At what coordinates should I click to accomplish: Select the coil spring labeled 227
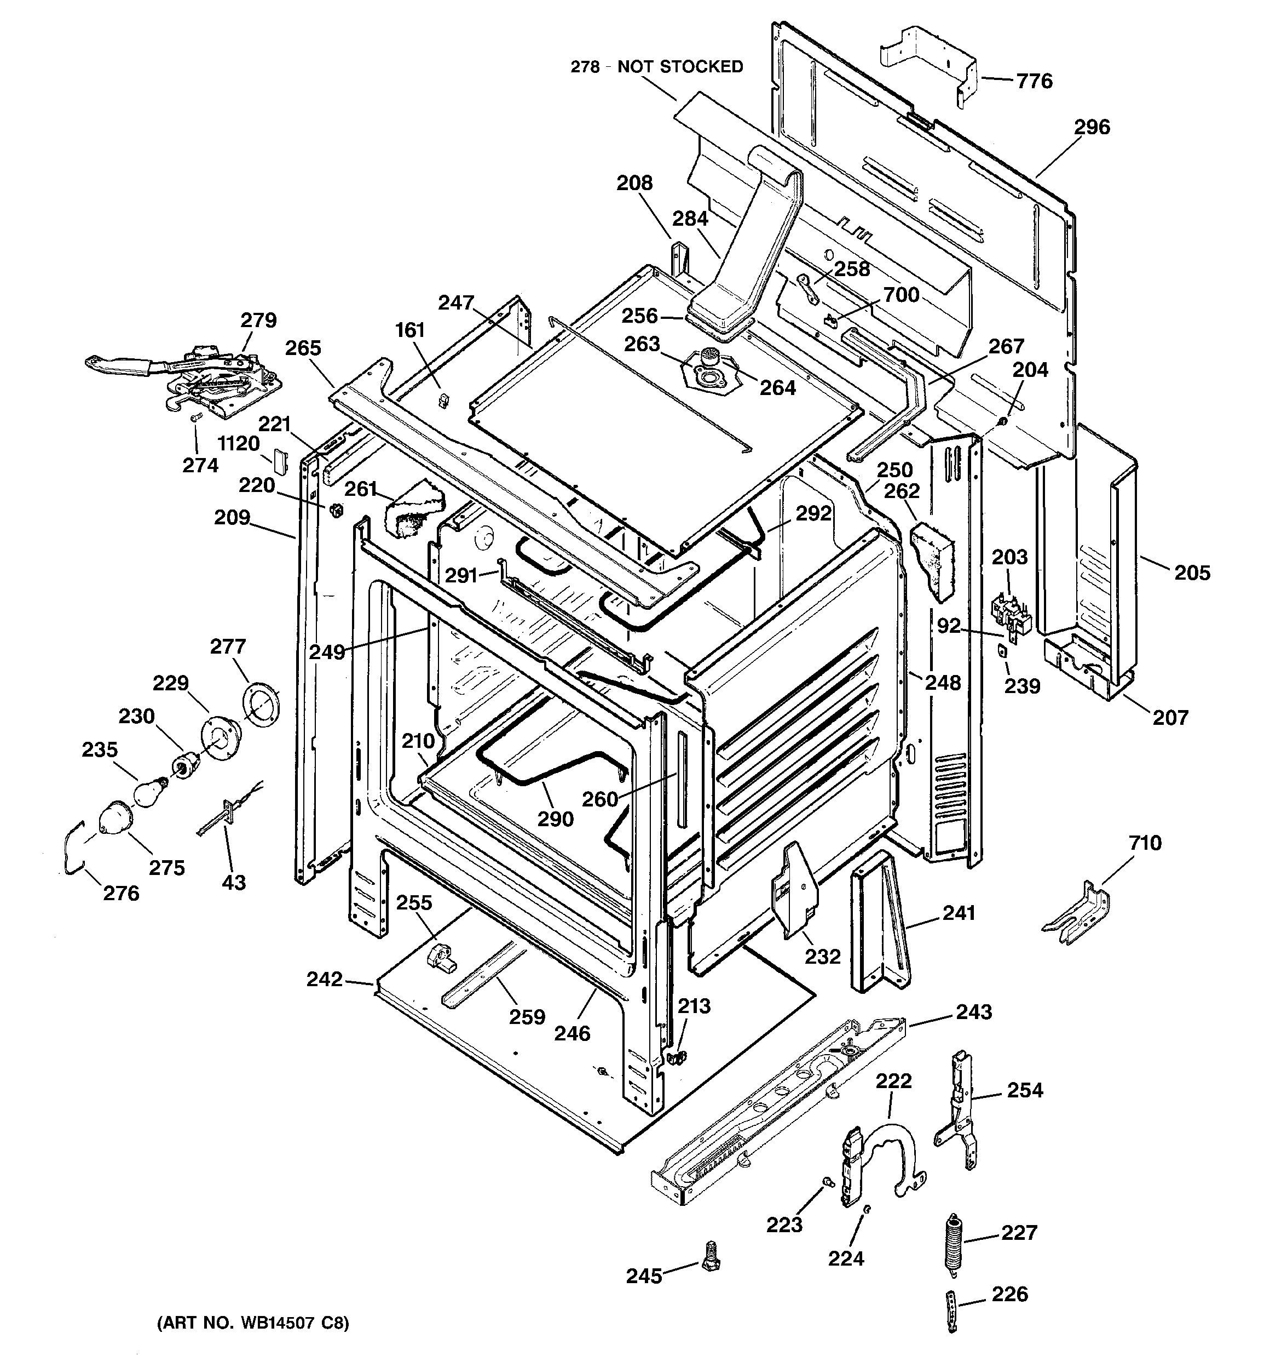point(953,1242)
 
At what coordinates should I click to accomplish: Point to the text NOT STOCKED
point(680,67)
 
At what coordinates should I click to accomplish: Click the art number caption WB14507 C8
point(252,1323)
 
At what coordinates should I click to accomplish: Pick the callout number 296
point(1092,127)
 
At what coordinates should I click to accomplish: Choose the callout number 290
point(556,819)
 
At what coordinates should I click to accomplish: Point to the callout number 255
point(414,902)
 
